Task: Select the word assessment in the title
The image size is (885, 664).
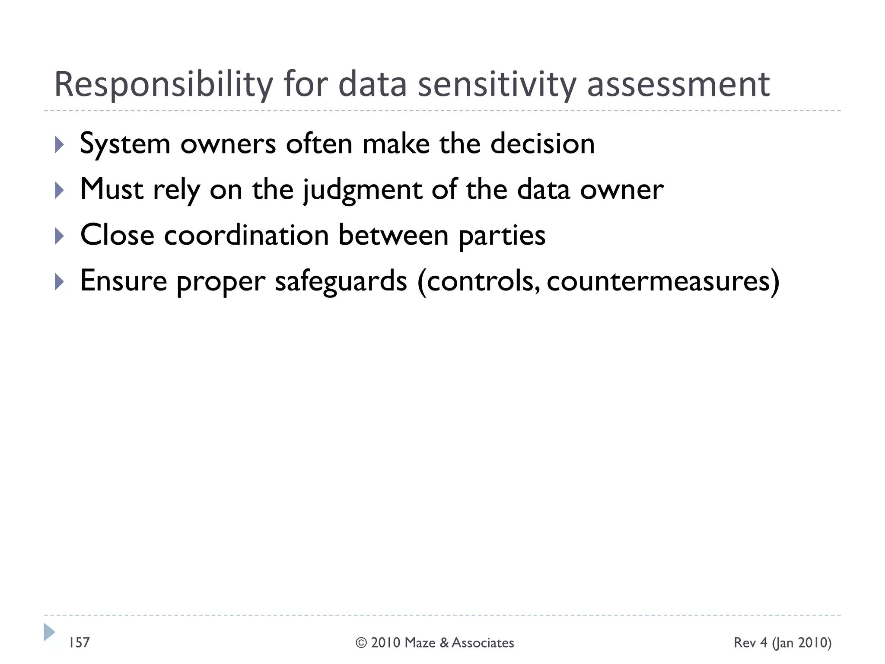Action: (678, 85)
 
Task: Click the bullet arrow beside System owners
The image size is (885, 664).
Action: (60, 144)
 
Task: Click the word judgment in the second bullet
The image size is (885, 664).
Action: (362, 190)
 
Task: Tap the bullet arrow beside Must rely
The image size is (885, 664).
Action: (60, 190)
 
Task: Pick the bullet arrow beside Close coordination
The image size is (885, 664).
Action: (60, 236)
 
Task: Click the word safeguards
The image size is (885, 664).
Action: (341, 281)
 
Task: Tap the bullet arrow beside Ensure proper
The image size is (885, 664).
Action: (60, 282)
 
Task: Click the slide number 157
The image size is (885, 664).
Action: (80, 643)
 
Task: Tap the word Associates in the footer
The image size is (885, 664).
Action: (483, 643)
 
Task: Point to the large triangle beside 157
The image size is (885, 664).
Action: (49, 632)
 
